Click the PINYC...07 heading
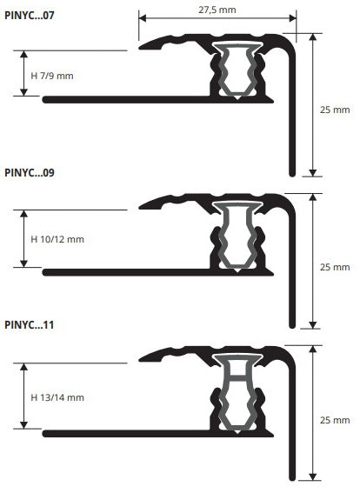30,15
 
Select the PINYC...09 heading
30,172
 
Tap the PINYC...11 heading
30,324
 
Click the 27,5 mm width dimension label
217,10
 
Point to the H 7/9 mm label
52,76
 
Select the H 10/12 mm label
57,239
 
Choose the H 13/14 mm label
57,397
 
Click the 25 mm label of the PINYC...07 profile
335,110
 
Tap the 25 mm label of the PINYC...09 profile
335,267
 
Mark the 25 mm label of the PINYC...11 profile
335,420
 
